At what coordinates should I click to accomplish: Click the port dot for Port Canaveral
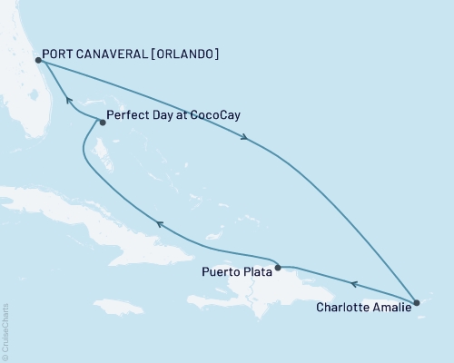pos(36,61)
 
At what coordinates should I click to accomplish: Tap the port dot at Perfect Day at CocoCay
pos(102,123)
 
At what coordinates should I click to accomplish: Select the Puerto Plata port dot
pos(277,268)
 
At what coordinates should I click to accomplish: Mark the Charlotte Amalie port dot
pos(416,302)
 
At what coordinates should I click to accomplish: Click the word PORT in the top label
pos(60,54)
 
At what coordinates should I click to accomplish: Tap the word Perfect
pos(127,116)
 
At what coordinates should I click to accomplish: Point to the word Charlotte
pos(344,308)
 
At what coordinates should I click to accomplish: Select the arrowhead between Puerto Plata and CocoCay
pos(159,224)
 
